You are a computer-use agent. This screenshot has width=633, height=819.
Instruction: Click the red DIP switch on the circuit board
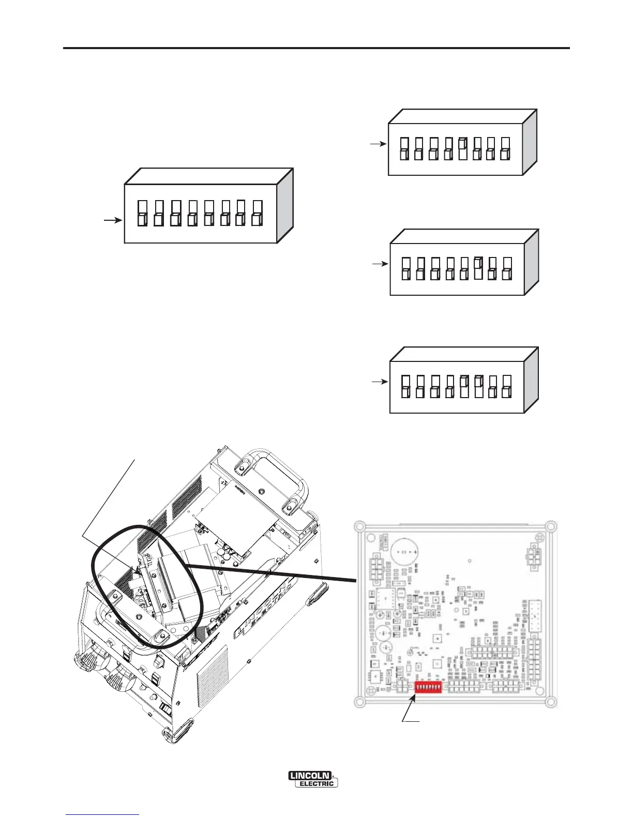pos(428,687)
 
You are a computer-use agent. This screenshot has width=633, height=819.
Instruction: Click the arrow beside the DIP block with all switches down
pos(113,221)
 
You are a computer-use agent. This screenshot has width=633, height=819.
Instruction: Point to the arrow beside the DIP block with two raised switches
pos(380,382)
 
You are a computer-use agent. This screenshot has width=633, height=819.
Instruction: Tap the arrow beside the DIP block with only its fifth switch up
pos(379,144)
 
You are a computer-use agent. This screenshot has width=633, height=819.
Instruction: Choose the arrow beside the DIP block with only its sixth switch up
pos(380,264)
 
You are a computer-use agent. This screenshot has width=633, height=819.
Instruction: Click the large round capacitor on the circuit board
pos(404,553)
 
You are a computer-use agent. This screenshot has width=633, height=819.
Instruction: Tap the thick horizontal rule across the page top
pos(317,48)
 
